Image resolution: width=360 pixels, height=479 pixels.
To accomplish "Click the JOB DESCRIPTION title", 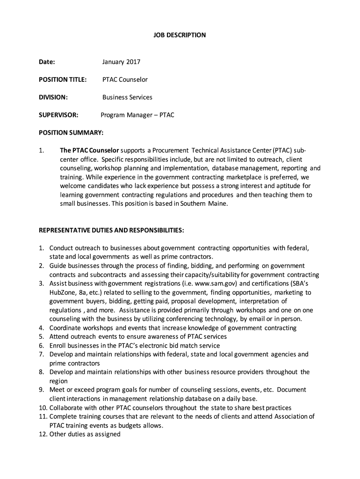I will (180, 35).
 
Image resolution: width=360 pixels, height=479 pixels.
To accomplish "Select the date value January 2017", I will (121, 62).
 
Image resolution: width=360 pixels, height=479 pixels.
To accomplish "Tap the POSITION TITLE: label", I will (62, 80).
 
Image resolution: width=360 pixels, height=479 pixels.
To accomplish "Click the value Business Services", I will (127, 97).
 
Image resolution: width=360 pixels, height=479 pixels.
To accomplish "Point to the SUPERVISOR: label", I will (58, 115).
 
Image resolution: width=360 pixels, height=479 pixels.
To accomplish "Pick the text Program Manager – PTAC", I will (137, 115).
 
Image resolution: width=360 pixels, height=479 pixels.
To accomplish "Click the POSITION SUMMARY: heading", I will (71, 133).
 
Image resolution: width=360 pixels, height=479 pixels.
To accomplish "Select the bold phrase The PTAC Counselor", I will (89, 151).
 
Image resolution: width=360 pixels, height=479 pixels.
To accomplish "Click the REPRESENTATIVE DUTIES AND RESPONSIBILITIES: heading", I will (111, 231).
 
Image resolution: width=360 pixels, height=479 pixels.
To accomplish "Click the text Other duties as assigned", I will (85, 434).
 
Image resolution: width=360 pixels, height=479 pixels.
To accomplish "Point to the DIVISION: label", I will (53, 97).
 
